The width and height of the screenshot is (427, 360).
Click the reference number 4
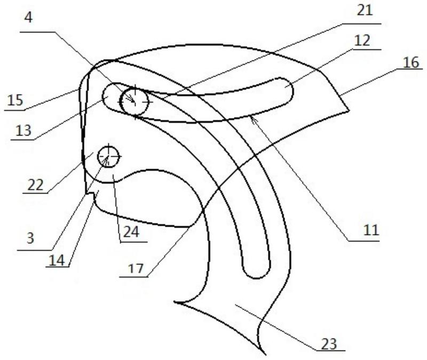tap(28, 18)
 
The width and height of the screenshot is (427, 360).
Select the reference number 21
tap(365, 11)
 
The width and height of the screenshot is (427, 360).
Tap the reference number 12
tap(362, 41)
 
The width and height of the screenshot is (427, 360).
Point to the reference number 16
tap(410, 62)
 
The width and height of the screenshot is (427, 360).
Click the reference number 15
tap(15, 100)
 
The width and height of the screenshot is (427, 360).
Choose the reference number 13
tap(23, 130)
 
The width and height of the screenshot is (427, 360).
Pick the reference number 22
tap(35, 185)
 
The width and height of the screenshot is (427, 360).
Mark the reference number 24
tap(131, 232)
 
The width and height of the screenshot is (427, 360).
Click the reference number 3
tap(30, 238)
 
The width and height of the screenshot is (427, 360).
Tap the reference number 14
tap(57, 260)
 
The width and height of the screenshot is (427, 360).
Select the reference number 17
tap(136, 269)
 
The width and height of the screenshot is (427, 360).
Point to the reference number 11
tap(371, 230)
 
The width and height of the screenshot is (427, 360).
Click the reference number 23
tap(329, 344)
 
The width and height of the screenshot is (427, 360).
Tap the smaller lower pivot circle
tap(108, 157)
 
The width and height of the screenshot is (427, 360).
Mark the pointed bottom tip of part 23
tap(265, 354)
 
